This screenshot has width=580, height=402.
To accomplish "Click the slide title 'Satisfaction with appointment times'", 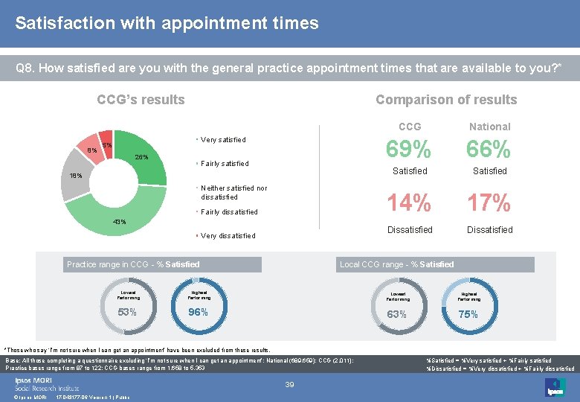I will tap(167, 23).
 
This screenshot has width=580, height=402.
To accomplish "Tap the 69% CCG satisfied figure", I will tap(410, 150).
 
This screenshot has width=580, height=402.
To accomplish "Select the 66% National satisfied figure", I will tap(489, 150).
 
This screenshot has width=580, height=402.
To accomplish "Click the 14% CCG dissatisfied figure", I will tap(410, 202).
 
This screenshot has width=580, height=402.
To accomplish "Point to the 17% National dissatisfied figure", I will tap(489, 202).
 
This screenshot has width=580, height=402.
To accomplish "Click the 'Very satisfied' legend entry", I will tap(222, 140).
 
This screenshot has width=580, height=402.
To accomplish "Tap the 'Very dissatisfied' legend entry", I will tap(228, 236).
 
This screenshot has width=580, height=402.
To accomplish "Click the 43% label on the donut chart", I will tap(119, 222).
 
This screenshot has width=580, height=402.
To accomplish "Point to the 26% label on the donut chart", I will tap(141, 157).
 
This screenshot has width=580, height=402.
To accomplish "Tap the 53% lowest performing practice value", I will tap(127, 312).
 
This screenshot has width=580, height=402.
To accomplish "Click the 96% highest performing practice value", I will tap(198, 312).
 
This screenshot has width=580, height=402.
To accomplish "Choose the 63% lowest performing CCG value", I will tap(396, 314).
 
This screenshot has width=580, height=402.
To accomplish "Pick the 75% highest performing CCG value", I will tap(468, 314).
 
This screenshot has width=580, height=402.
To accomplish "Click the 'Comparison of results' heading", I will tap(445, 100).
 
